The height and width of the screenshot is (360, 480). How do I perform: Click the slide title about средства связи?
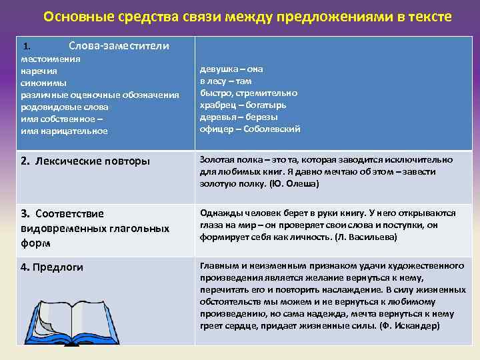[247, 17]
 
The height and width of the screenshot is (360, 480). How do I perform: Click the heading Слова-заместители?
[119, 46]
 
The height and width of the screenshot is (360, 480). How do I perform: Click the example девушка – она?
[231, 69]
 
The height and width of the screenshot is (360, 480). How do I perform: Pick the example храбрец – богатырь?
[243, 105]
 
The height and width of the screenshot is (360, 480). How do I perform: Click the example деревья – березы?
[239, 117]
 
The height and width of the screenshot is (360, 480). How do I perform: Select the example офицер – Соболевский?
[250, 129]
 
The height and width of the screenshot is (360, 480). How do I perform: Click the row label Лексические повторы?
[85, 161]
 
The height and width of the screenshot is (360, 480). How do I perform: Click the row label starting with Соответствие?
[63, 213]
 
